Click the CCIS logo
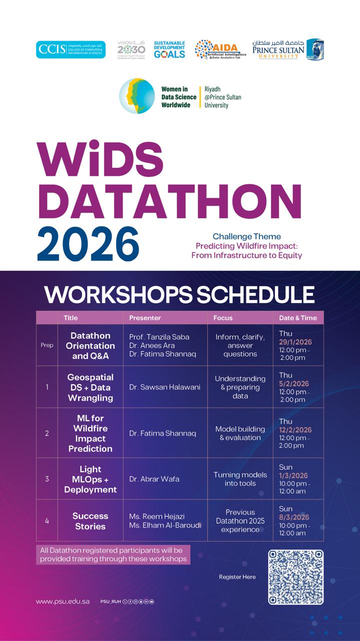71,50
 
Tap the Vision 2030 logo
131,50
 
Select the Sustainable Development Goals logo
169,50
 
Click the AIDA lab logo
220,50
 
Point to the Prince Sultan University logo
288,49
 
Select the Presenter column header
145,317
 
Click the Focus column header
223,317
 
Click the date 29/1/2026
295,342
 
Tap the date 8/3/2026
294,517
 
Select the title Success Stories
90,521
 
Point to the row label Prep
47,345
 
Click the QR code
295,577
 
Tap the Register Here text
237,577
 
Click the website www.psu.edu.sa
63,601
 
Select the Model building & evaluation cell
240,433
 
